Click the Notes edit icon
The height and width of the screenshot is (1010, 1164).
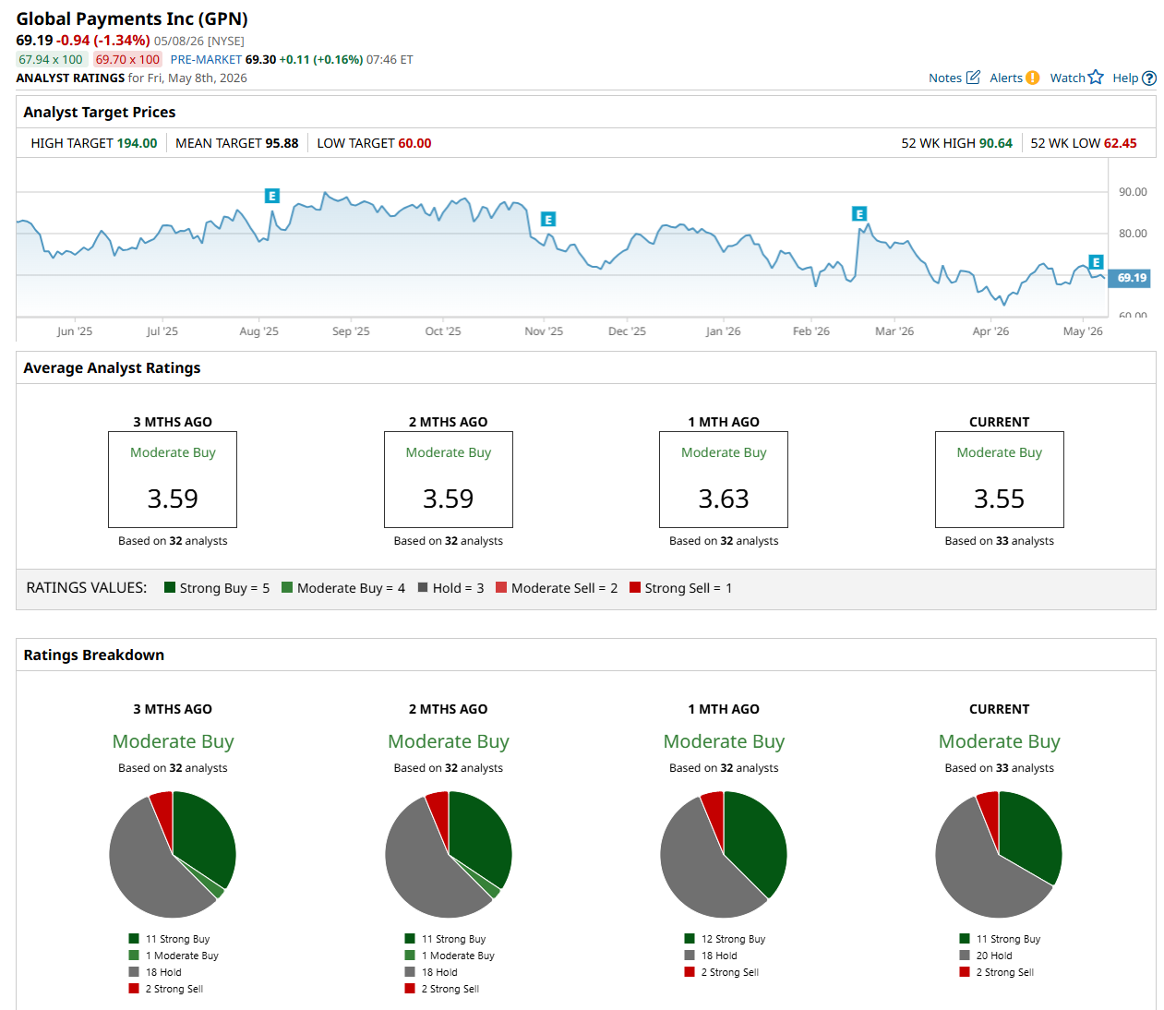coord(972,77)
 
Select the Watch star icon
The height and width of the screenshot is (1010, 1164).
coord(1095,77)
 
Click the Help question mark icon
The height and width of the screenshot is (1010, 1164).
coord(1148,78)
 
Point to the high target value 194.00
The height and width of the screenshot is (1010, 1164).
coord(137,143)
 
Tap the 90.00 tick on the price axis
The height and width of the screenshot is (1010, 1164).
coord(1132,192)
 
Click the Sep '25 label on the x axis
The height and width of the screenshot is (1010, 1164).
coord(351,331)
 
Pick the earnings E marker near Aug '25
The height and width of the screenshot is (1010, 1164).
coord(272,196)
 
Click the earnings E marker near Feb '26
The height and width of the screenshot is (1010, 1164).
coord(858,214)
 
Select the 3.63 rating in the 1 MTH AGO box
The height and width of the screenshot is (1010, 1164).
coord(723,499)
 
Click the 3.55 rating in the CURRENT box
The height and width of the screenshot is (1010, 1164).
coord(999,499)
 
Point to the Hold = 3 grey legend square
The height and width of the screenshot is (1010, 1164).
coord(422,587)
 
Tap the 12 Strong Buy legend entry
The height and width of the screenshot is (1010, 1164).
coord(725,938)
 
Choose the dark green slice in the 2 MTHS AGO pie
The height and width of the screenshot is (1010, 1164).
coord(481,834)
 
